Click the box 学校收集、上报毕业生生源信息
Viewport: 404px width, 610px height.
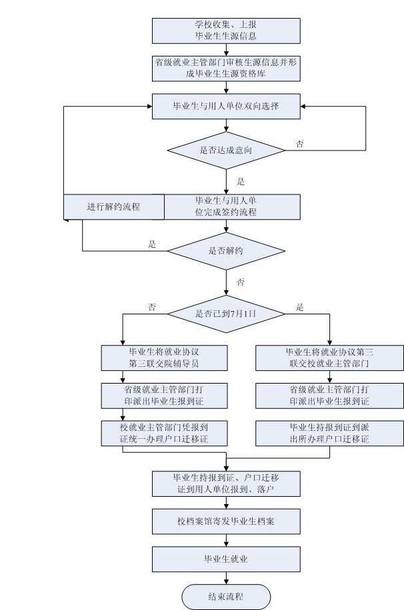pos(226,30)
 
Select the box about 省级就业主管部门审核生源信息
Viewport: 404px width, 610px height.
pos(226,68)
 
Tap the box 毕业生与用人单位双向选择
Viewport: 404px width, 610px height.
pos(226,106)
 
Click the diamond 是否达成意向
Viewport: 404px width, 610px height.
pos(226,150)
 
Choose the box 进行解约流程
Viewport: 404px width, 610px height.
pos(113,206)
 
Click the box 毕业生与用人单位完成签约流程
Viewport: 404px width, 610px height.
pos(226,206)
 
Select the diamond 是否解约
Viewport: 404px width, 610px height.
pos(226,250)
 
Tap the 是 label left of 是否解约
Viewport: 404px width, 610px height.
pos(152,244)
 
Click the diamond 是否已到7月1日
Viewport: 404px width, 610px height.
pos(226,313)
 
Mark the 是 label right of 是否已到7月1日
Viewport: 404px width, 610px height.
pos(299,308)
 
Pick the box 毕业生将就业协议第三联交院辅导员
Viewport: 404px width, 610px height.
pos(164,358)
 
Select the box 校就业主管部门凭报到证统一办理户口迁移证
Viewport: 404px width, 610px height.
pos(164,433)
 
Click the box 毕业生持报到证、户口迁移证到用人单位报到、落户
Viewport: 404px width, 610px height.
pos(226,483)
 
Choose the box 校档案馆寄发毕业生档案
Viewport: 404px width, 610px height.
pos(226,521)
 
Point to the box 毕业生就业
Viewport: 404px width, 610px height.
pos(226,559)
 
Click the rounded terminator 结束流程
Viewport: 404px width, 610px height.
pos(226,596)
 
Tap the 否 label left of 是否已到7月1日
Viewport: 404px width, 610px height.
pos(152,308)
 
